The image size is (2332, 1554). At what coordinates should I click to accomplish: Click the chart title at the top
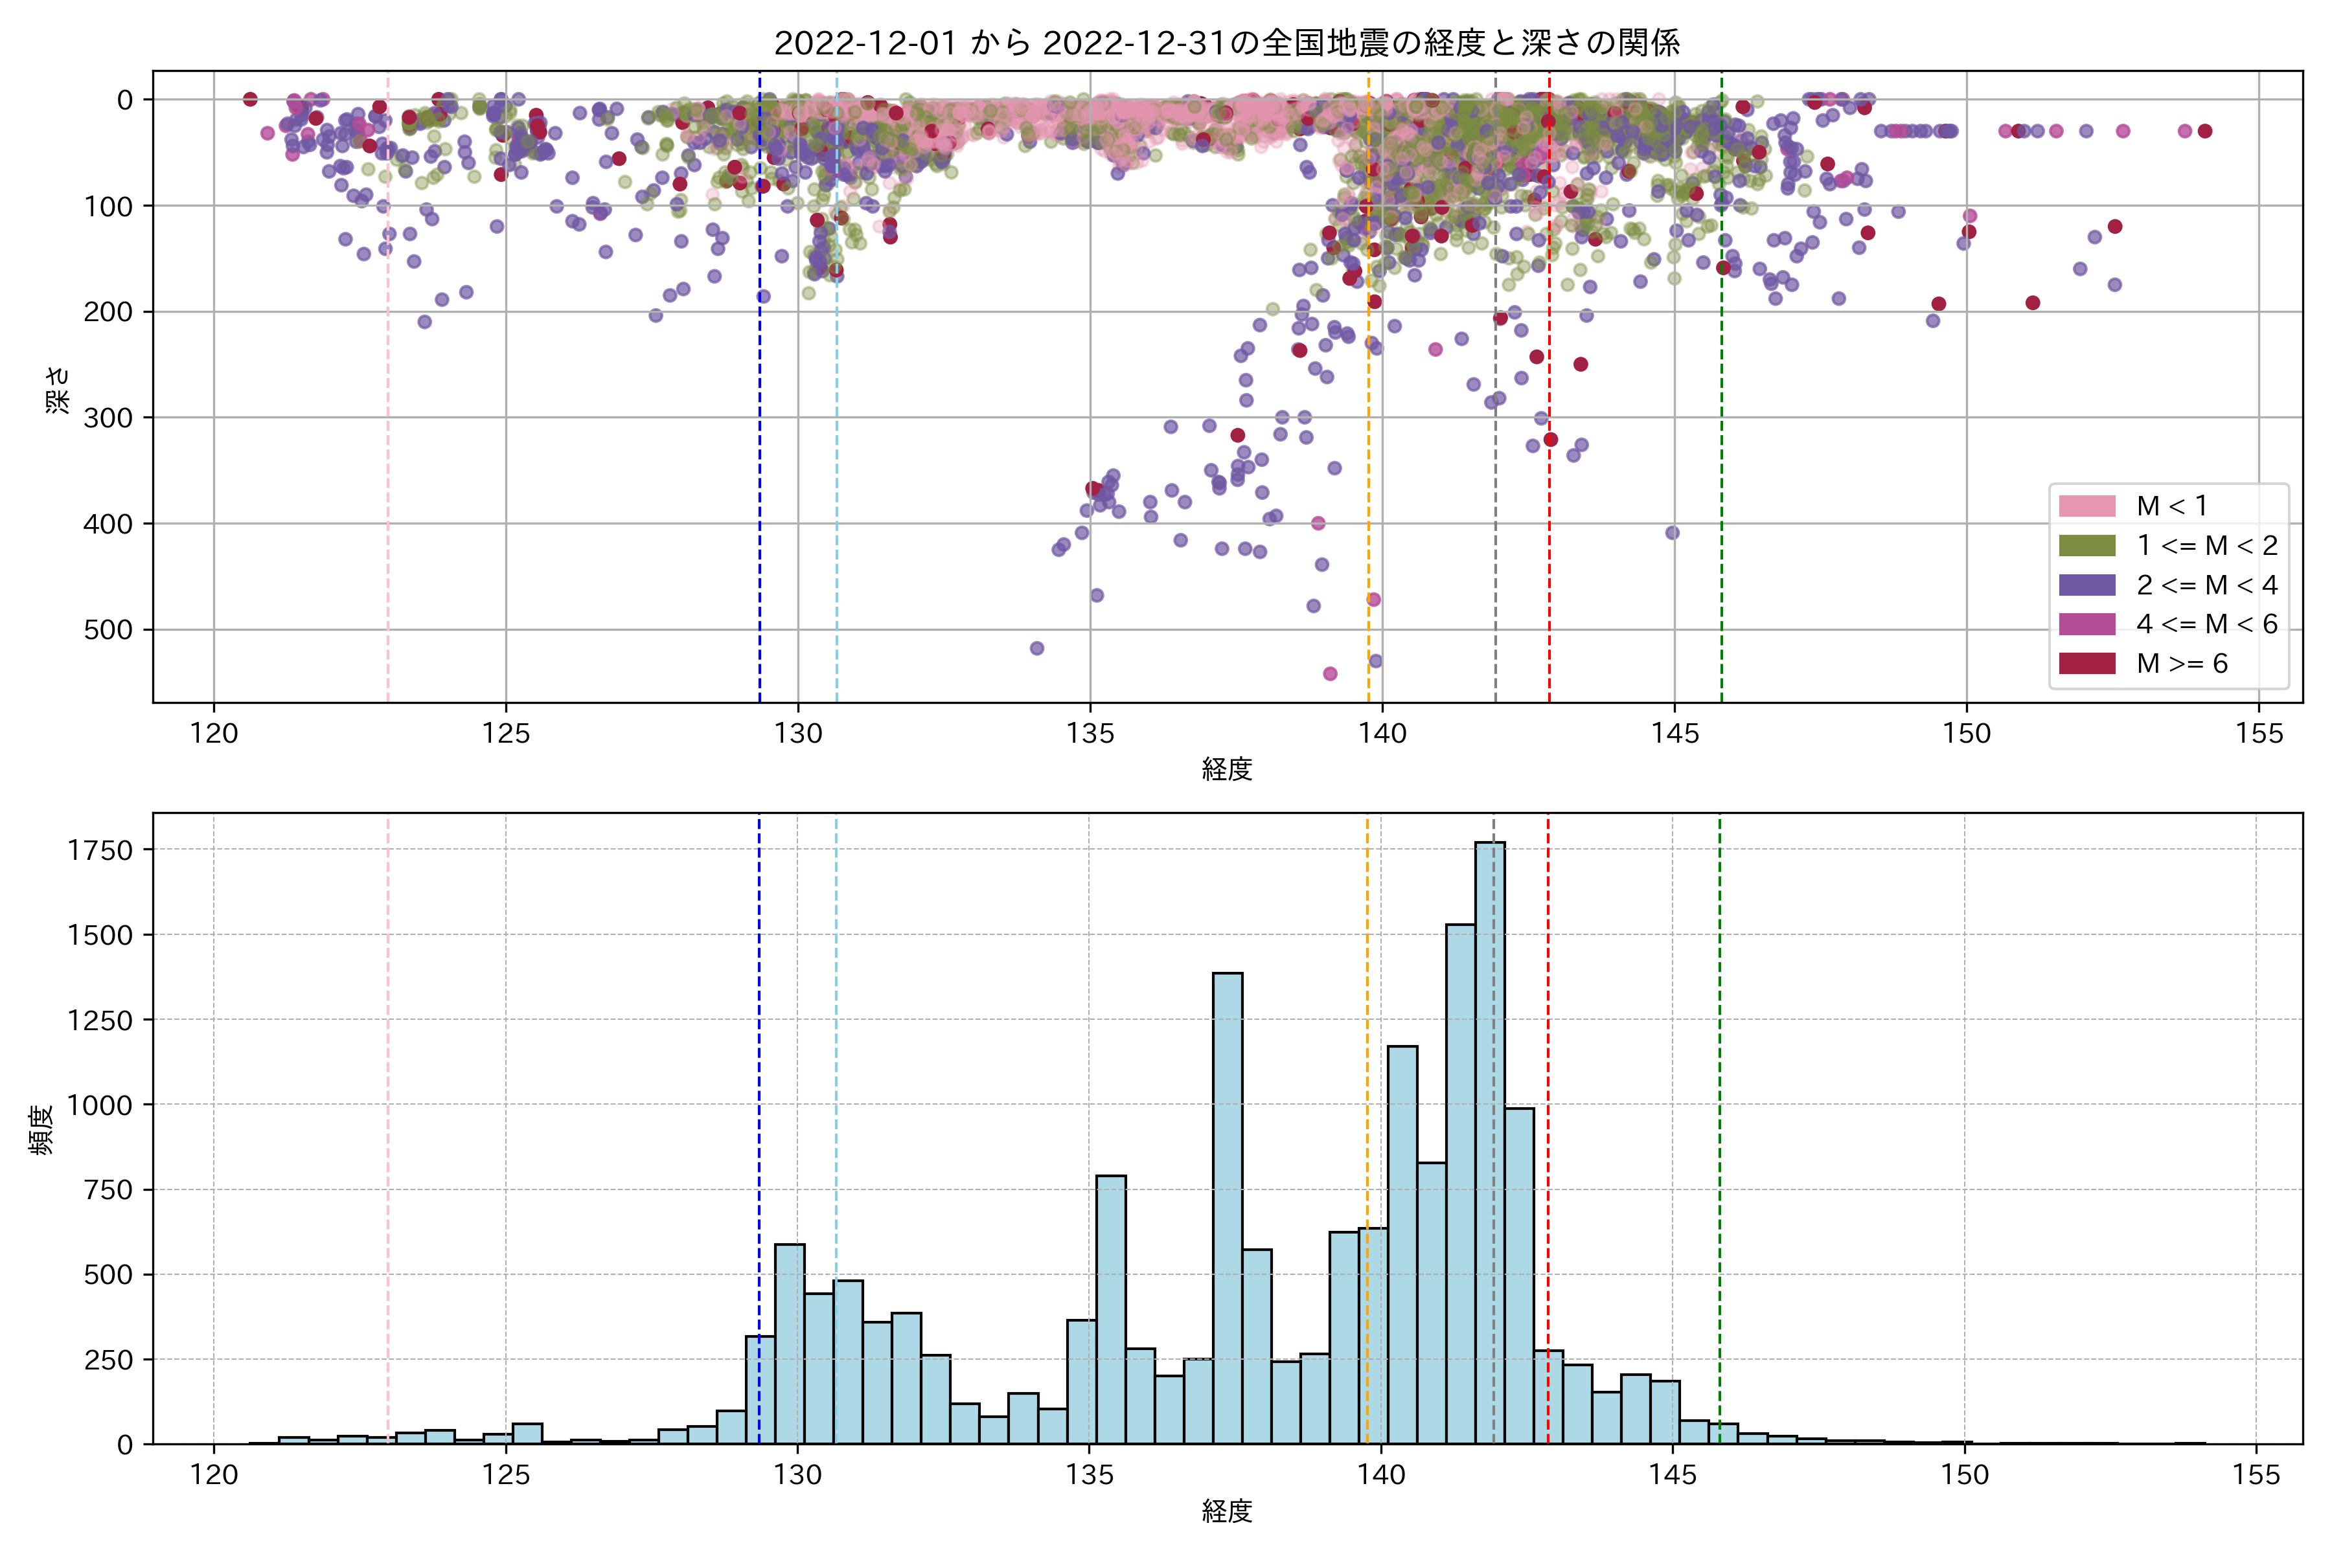tap(1226, 43)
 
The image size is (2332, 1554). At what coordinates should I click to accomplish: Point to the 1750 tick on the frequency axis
tap(99, 850)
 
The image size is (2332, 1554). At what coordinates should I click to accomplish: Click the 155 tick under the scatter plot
tap(2259, 734)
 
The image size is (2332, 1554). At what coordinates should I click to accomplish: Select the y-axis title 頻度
tap(41, 1130)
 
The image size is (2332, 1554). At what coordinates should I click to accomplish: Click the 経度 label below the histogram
tap(1226, 1511)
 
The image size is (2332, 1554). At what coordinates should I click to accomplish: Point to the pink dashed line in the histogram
tap(387, 1130)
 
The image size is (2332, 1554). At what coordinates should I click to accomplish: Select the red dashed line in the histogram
tap(1548, 1090)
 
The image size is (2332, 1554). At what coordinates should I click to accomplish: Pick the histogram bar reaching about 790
tap(1110, 1308)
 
